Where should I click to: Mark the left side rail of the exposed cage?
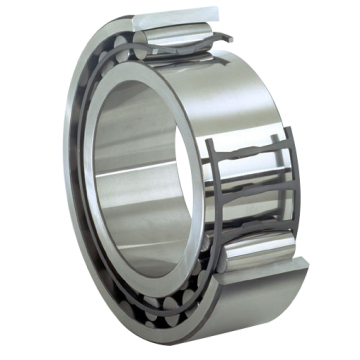click(x=211, y=200)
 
